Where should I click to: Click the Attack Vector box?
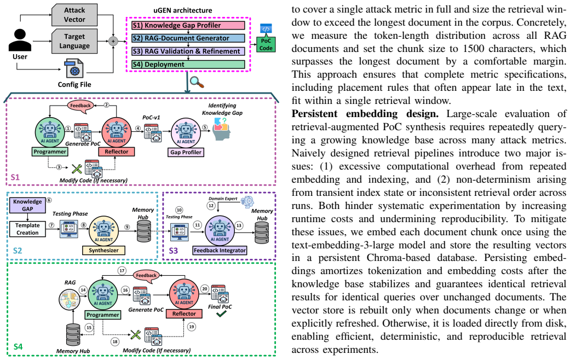(x=74, y=15)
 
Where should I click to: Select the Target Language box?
(x=74, y=41)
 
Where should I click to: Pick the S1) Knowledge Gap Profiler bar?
(x=188, y=25)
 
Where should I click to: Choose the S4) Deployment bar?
(x=188, y=65)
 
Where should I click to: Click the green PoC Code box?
(x=266, y=45)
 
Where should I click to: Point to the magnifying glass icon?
(x=197, y=82)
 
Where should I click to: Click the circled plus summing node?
(x=113, y=41)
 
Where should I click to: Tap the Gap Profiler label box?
(x=186, y=152)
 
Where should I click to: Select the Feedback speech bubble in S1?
(x=80, y=106)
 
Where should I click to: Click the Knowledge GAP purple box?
(x=27, y=205)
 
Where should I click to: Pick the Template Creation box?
(x=27, y=229)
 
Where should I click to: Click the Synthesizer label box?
(x=103, y=251)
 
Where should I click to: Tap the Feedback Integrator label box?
(x=220, y=251)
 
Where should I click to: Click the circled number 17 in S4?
(x=122, y=270)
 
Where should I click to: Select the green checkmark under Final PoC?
(x=221, y=313)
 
